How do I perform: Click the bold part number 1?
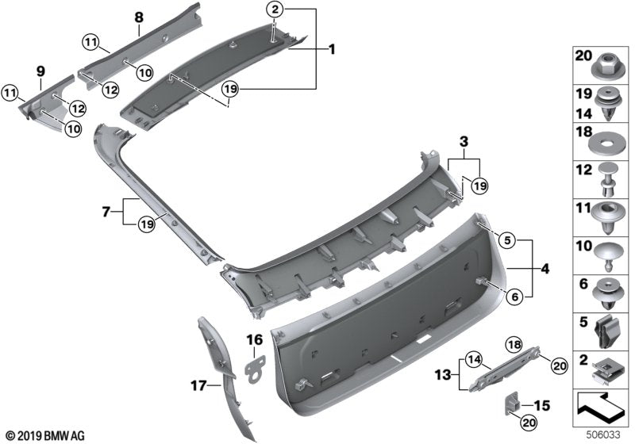[331, 49]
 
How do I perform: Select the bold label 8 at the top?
[138, 17]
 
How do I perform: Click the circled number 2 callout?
[275, 10]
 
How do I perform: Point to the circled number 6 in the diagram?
[514, 297]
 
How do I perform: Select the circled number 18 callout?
[511, 343]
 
